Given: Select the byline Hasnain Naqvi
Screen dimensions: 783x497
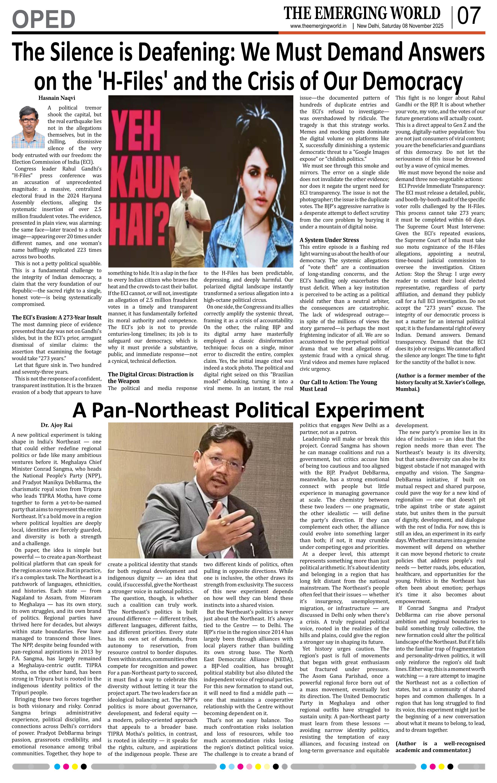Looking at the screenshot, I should (57, 98).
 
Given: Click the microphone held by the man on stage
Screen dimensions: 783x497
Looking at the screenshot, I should (187, 215).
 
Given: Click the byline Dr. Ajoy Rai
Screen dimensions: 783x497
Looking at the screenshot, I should (57, 425).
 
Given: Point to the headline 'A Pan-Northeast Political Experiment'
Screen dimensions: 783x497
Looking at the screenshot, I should (248, 410).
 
